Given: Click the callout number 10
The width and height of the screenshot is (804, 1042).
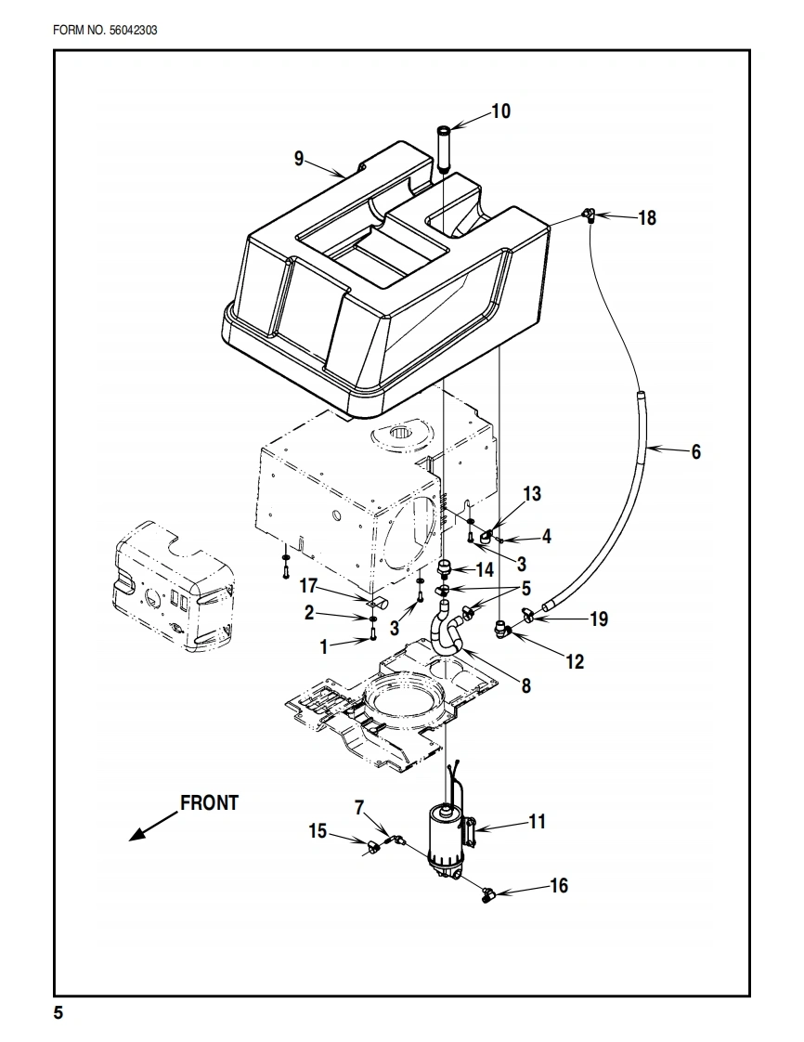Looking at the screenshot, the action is coord(501,111).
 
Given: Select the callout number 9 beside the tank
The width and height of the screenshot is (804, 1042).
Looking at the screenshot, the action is coord(299,158).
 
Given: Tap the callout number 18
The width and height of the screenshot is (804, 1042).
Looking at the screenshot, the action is coord(646,217).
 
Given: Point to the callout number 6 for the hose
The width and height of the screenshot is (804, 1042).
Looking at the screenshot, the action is coord(695,452).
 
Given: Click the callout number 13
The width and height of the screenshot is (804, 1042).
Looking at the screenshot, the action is coord(532,494).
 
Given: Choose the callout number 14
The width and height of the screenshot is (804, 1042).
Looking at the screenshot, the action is coord(485,569).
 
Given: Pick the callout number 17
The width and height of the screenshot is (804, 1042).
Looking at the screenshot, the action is coord(308,586).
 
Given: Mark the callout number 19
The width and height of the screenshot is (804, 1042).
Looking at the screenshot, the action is coord(599,619).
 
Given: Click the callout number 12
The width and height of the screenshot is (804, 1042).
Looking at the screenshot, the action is coord(575,661).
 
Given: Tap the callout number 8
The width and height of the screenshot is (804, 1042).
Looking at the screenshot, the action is coord(526,685).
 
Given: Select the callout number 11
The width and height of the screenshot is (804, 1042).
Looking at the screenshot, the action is coord(537,821).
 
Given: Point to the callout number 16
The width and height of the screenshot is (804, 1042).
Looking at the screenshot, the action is coord(559,885).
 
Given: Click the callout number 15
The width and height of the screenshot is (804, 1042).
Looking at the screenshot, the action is coord(318,831).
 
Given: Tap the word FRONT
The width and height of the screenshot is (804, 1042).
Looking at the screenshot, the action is coord(209,802).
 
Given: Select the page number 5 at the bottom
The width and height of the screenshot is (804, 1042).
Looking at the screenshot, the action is coord(58,1012).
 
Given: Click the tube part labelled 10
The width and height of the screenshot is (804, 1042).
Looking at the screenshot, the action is coord(444,149).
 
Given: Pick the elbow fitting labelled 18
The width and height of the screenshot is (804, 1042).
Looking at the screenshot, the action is coord(588,214).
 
